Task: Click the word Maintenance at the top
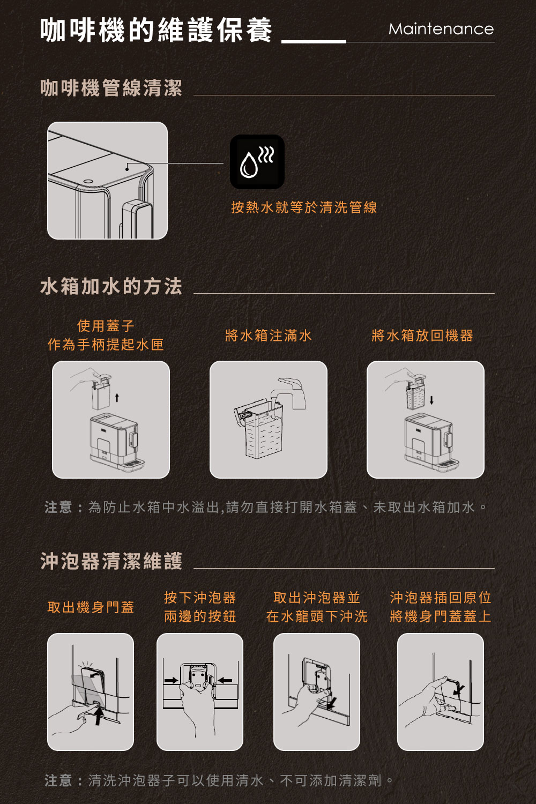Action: [441, 29]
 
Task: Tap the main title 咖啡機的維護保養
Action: [157, 30]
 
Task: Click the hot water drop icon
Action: [257, 162]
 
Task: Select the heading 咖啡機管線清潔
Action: [111, 88]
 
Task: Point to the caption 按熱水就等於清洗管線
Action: [304, 207]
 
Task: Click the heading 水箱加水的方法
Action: [111, 286]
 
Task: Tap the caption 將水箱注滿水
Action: [268, 336]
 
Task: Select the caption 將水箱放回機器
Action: [422, 336]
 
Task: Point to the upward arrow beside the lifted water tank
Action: [117, 398]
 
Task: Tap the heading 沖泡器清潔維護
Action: [111, 561]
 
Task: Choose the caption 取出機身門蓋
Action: [91, 607]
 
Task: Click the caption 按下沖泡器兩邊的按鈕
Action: [200, 607]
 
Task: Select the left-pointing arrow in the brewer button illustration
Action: [225, 680]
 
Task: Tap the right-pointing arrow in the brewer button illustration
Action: [172, 680]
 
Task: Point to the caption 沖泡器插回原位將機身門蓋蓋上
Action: [440, 607]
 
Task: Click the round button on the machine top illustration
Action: [87, 181]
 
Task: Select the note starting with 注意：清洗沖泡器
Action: [220, 780]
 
